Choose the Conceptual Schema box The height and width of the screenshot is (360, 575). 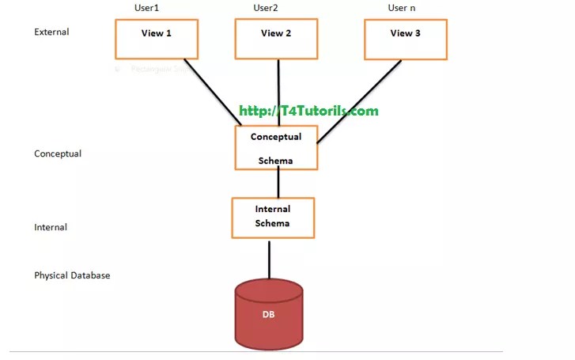276,148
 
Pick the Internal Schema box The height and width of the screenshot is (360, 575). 273,217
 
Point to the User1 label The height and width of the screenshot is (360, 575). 148,8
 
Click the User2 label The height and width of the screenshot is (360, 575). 267,8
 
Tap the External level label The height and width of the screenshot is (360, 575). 52,32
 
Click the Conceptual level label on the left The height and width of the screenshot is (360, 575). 58,153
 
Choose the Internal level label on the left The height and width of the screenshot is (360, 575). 51,227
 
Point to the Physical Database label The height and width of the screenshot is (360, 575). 72,275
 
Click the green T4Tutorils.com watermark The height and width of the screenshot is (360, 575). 309,111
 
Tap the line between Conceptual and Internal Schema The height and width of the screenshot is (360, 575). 278,184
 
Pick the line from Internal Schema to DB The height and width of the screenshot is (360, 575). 269,258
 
